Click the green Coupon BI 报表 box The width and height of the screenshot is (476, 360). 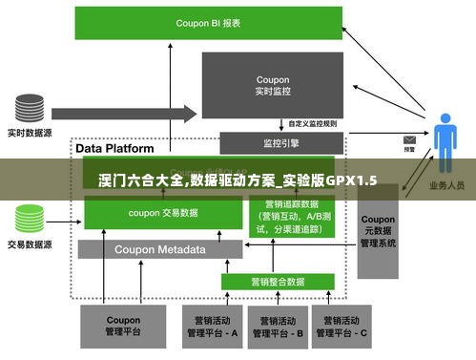pyautogui.click(x=208, y=22)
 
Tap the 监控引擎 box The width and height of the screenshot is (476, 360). pyautogui.click(x=279, y=143)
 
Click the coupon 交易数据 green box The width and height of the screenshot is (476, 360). pyautogui.click(x=162, y=213)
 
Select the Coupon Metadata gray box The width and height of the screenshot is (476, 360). pyautogui.click(x=159, y=249)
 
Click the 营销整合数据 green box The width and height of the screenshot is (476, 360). pyautogui.click(x=278, y=282)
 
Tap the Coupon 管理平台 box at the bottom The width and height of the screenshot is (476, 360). pyautogui.click(x=122, y=327)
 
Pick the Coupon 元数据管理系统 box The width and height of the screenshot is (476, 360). pyautogui.click(x=378, y=230)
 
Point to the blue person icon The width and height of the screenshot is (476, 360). pyautogui.click(x=445, y=143)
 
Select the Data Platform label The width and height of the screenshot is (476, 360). pyautogui.click(x=114, y=149)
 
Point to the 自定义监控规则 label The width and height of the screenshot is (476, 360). pyautogui.click(x=312, y=123)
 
